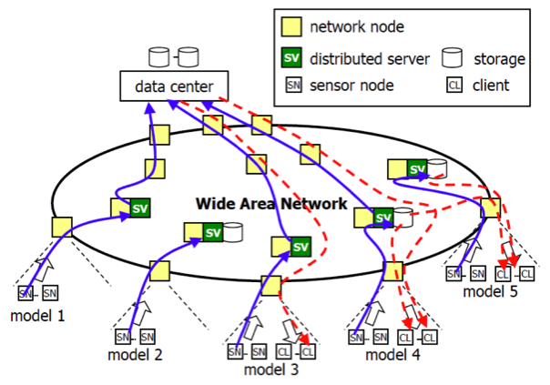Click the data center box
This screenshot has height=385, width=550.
pos(174,87)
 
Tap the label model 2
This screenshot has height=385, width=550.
pos(135,356)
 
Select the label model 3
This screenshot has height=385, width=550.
pos(270,370)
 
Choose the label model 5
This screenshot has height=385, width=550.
pos(490,291)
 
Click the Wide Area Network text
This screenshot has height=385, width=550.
pos(271,203)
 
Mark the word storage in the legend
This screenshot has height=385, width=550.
pos(499,59)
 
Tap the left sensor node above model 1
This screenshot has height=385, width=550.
pos(26,293)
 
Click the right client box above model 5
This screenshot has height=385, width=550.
pos(526,273)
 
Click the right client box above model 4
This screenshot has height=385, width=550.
pos(429,338)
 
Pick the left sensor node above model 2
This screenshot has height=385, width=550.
pos(124,336)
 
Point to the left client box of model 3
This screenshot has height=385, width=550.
pos(286,351)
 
